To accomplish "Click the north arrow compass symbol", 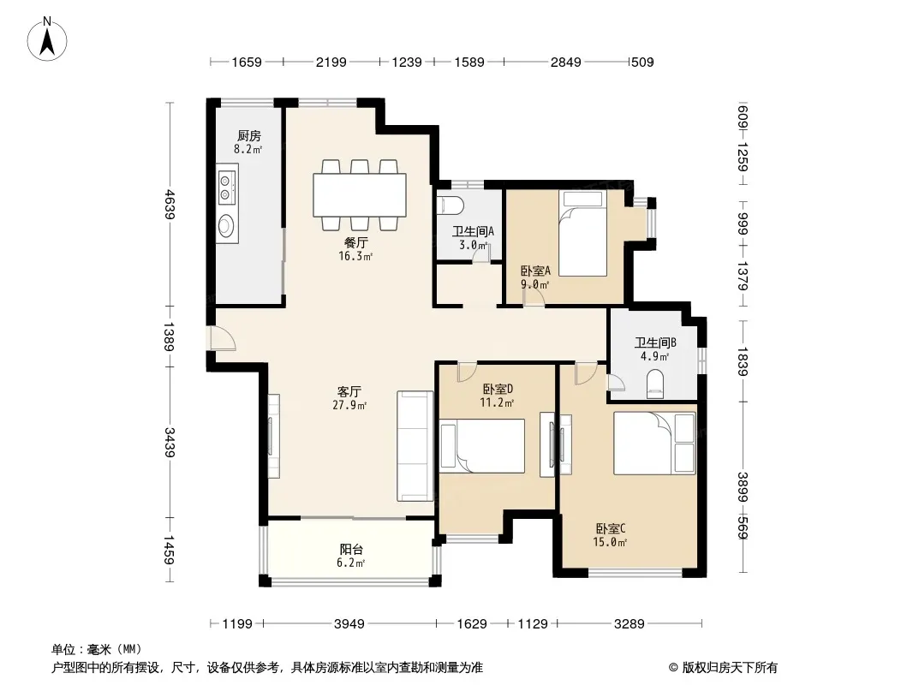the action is [47, 39].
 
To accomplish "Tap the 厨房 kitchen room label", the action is [248, 135].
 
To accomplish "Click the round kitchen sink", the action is [226, 226].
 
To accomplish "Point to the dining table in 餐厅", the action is [359, 195].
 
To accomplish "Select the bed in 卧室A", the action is [582, 233].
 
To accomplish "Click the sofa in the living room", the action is [415, 446].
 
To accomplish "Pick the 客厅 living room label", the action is [349, 391].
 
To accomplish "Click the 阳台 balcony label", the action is [351, 549].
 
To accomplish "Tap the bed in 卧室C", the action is [654, 443].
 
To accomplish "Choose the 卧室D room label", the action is [498, 389].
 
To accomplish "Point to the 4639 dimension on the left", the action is [170, 204].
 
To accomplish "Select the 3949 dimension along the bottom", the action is [349, 624].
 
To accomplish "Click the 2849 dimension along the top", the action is [566, 62].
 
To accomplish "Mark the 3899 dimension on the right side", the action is [743, 486].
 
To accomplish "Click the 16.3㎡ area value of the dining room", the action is [355, 256].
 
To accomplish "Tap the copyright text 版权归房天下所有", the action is [730, 668].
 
